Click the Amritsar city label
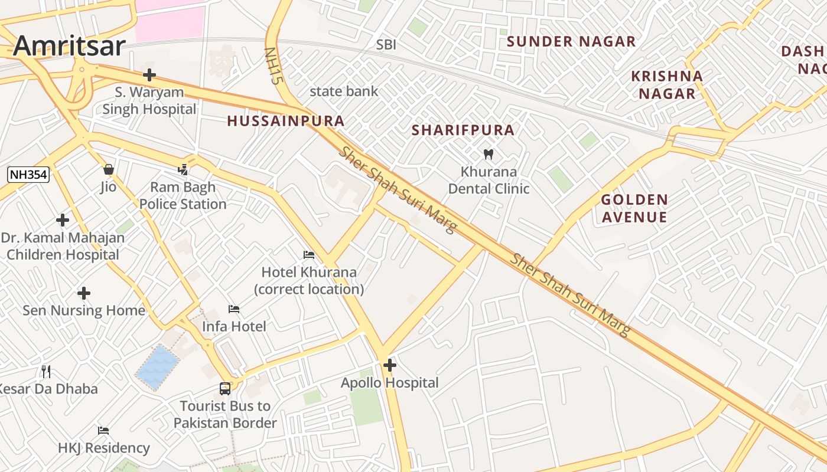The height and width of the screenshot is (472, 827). (70, 46)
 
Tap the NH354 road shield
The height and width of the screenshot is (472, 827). (28, 174)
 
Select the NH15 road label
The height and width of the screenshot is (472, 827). (271, 66)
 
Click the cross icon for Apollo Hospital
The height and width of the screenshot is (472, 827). (389, 365)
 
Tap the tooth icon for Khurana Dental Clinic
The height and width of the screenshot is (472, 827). (489, 155)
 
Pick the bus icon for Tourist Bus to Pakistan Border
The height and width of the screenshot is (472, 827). (225, 388)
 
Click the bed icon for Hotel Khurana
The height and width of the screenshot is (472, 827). (309, 255)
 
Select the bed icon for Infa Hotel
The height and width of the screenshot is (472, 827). (234, 309)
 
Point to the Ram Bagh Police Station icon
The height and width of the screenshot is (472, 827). (183, 170)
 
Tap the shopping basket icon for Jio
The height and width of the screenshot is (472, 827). (108, 169)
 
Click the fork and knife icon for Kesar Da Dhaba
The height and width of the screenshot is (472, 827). (46, 371)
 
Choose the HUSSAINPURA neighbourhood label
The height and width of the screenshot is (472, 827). (286, 121)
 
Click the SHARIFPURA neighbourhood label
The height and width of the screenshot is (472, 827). (463, 130)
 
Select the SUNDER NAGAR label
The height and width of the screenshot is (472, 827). (571, 41)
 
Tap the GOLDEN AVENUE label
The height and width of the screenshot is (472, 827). (634, 208)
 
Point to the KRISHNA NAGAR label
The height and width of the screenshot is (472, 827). (667, 85)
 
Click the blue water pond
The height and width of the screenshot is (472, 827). (157, 367)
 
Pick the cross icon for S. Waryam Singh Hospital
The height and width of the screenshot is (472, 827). (149, 75)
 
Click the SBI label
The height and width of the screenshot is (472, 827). (386, 45)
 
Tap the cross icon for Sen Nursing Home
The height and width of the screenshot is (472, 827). (84, 293)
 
